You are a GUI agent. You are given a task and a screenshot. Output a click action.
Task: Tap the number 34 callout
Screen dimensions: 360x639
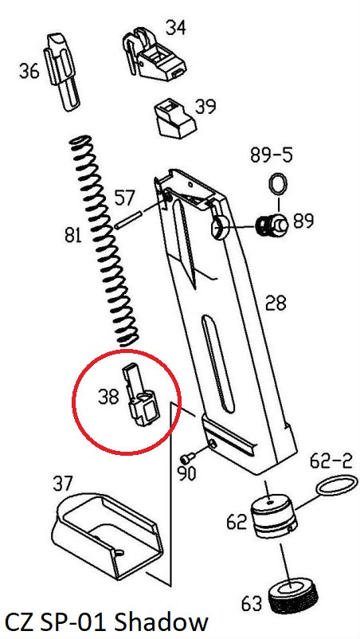tap(175, 28)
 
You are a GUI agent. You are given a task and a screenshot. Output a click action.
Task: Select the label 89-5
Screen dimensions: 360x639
tap(272, 155)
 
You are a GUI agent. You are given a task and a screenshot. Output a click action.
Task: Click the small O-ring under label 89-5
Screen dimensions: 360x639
tap(278, 184)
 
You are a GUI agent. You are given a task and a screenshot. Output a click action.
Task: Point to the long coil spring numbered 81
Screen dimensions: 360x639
tap(104, 241)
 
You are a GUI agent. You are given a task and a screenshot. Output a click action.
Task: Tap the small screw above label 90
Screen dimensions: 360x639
tap(187, 458)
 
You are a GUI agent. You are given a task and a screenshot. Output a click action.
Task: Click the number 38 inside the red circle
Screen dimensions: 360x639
tap(108, 396)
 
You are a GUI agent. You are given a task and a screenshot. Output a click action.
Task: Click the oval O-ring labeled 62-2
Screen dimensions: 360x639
tap(337, 487)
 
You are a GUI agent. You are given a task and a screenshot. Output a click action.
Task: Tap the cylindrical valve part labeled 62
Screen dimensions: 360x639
tap(272, 516)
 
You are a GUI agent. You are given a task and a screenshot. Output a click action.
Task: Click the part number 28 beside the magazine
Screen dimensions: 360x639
tap(276, 304)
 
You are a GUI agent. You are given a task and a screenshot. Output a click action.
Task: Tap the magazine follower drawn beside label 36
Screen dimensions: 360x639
tap(62, 72)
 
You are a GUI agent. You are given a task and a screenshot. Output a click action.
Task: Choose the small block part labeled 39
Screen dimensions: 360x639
tap(174, 120)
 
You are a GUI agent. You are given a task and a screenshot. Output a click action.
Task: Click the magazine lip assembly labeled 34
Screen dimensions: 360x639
tap(154, 54)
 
